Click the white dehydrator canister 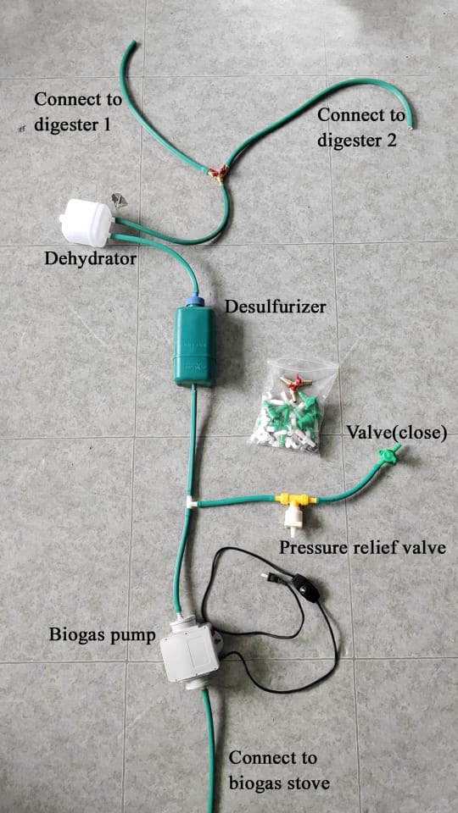point(87,223)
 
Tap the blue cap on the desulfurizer point(195,300)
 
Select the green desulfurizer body point(193,346)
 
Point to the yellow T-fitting point(295,501)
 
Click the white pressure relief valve point(294,521)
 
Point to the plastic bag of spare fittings point(293,406)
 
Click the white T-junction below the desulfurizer point(191,502)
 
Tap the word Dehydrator point(91,257)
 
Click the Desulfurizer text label point(275,307)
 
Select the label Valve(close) point(397,433)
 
